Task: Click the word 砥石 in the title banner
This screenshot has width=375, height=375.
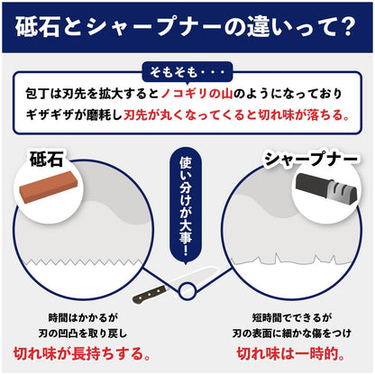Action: [38, 26]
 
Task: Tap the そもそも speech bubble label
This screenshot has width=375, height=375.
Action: [187, 72]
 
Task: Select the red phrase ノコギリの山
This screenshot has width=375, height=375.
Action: [197, 94]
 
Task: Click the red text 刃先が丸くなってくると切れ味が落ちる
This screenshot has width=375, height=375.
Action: [237, 114]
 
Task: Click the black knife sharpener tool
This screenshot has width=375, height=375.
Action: [326, 189]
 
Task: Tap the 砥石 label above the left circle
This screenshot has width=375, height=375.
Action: [46, 159]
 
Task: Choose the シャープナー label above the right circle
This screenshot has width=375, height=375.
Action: [311, 159]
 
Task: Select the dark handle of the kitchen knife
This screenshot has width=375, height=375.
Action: [150, 294]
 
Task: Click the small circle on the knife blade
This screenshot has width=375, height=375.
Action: [187, 290]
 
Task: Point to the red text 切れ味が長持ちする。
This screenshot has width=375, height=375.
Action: [82, 353]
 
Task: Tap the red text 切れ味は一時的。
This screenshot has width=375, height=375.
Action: [290, 353]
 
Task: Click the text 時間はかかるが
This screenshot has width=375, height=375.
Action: [83, 318]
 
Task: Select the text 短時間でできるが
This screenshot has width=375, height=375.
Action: [291, 317]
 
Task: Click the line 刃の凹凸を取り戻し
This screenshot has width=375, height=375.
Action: [83, 334]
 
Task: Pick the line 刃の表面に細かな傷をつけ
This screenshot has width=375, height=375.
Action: [291, 334]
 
